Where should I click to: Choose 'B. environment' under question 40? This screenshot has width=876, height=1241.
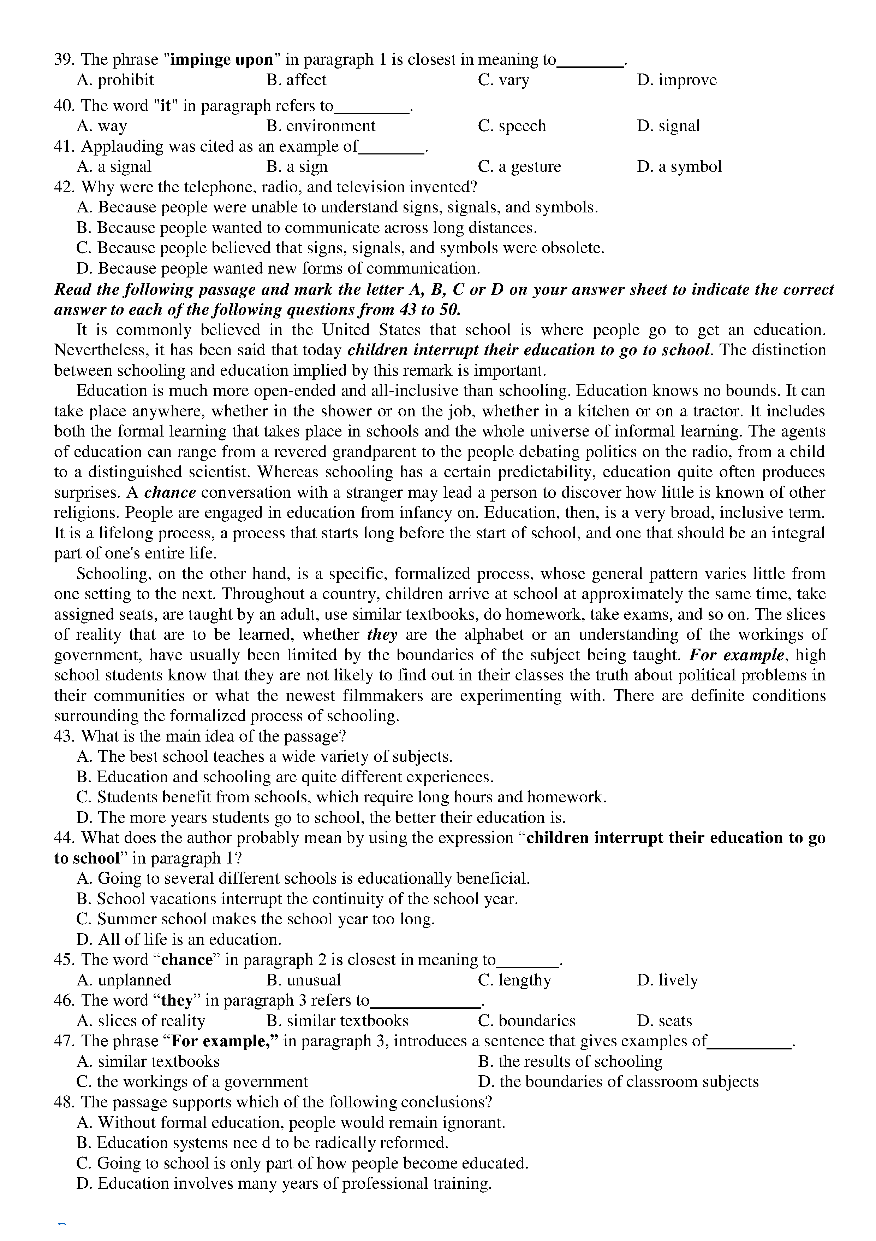point(321,126)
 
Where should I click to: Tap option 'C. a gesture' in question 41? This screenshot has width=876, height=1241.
point(519,166)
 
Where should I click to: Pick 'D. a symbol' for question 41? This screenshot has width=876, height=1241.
point(679,166)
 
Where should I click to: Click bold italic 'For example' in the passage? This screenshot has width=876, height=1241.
point(737,655)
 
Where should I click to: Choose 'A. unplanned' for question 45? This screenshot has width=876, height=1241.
point(124,980)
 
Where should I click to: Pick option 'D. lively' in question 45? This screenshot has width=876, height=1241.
point(668,980)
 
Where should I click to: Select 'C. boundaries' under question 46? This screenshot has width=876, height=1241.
point(526,1020)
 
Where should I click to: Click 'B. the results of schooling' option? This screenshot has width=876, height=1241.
point(570,1061)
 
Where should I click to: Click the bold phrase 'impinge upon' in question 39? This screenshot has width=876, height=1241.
point(222,59)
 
